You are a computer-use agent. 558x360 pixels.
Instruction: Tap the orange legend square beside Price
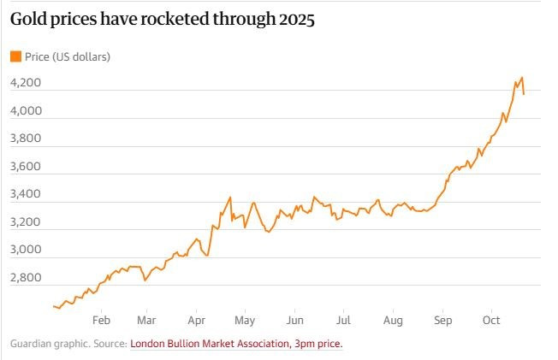point(15,57)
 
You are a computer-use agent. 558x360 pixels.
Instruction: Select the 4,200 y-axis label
point(26,83)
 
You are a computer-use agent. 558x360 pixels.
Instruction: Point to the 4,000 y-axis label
point(26,111)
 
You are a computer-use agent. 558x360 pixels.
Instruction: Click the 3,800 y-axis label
point(26,139)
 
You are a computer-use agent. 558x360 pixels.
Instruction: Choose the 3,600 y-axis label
point(26,167)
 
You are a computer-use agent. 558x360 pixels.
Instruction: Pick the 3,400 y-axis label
point(26,194)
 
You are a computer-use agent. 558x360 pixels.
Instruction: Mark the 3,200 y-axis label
point(26,222)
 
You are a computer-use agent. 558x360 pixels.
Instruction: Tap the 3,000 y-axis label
point(26,250)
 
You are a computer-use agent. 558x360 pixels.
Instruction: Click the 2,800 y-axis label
point(26,278)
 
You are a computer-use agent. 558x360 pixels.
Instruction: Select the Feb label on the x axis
point(100,321)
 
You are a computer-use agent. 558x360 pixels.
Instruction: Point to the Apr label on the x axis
point(196,321)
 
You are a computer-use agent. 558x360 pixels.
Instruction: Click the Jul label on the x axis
point(342,321)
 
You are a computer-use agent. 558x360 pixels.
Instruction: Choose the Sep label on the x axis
point(443,321)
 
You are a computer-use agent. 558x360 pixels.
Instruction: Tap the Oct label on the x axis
point(491,321)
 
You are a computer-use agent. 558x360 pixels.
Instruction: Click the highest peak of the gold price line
point(522,77)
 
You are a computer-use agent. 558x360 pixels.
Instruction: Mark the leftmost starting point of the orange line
point(54,305)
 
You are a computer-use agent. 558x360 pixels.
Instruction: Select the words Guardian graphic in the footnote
point(44,344)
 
